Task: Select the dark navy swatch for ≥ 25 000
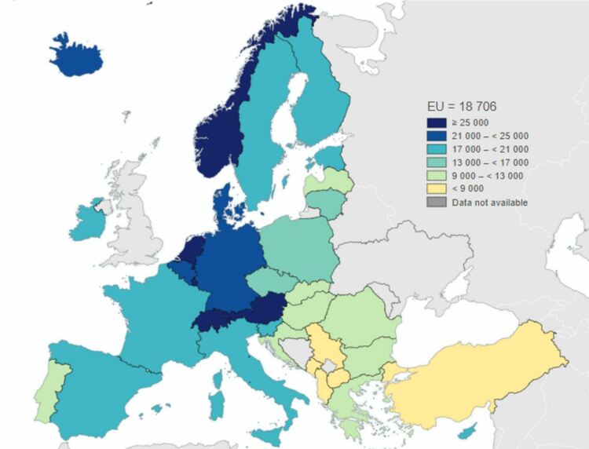pyautogui.click(x=436, y=122)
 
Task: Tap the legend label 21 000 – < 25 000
pyautogui.click(x=488, y=136)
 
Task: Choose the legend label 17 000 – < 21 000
pyautogui.click(x=488, y=149)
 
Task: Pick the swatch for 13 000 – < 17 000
pyautogui.click(x=436, y=162)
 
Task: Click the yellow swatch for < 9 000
pyautogui.click(x=436, y=189)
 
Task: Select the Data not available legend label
pyautogui.click(x=488, y=203)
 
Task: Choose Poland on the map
pyautogui.click(x=298, y=247)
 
